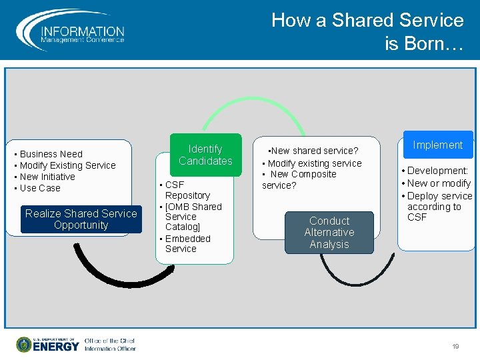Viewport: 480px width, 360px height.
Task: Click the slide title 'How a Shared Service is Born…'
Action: pos(367,31)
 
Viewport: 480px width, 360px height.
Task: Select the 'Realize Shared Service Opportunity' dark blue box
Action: pos(81,219)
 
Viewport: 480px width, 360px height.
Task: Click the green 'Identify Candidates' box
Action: pos(205,155)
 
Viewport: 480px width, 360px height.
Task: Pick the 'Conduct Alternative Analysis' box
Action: pos(329,232)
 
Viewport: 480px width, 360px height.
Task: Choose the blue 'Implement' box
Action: pos(437,145)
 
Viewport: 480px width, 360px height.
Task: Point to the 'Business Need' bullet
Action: pos(51,154)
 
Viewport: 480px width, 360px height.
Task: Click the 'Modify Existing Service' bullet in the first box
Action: pos(67,165)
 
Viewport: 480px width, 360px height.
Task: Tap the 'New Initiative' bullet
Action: pos(47,177)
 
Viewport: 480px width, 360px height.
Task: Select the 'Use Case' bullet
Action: pos(40,188)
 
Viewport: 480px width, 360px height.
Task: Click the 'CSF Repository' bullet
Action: pos(187,190)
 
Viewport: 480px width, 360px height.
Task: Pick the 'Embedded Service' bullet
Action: pos(187,243)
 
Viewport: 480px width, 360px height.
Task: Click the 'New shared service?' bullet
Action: pos(313,151)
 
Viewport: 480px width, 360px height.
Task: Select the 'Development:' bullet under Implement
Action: pos(437,171)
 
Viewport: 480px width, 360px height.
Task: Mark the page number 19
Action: pos(455,347)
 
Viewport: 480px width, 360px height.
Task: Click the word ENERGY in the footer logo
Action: pos(56,347)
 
